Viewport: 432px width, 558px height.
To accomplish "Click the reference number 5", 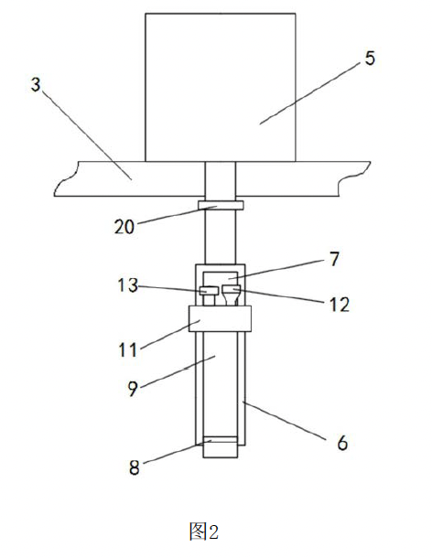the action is (x=370, y=59).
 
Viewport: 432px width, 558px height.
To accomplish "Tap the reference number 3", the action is (x=36, y=85).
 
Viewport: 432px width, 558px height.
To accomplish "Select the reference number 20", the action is (x=124, y=226).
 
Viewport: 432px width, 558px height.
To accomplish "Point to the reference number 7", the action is (x=334, y=259).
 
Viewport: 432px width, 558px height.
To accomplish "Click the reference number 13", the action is (x=128, y=285).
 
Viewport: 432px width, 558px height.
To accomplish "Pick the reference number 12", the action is (x=340, y=305).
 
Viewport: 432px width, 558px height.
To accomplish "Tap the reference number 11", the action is (x=127, y=349).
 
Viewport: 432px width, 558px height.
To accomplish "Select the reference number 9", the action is (x=133, y=389).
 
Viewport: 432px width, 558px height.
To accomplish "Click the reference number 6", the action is (x=342, y=443).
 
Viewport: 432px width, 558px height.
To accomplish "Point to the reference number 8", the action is (x=135, y=467).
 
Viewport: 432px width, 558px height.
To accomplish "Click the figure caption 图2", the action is (x=203, y=531).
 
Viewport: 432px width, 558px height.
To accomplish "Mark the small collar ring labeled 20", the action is (x=221, y=205).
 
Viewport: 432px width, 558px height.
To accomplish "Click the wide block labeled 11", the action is (x=220, y=318).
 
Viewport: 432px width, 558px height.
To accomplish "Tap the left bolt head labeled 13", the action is (x=209, y=290).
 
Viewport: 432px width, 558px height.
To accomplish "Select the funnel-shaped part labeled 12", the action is (x=232, y=295).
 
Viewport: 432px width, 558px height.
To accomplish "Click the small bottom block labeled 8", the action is (x=220, y=447).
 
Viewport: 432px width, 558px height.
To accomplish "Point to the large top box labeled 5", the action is (x=221, y=88).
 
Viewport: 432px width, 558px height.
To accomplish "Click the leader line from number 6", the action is (x=285, y=421).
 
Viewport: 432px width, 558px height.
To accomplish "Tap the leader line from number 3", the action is (x=87, y=134).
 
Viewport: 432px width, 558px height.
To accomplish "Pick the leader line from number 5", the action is (x=309, y=93).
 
